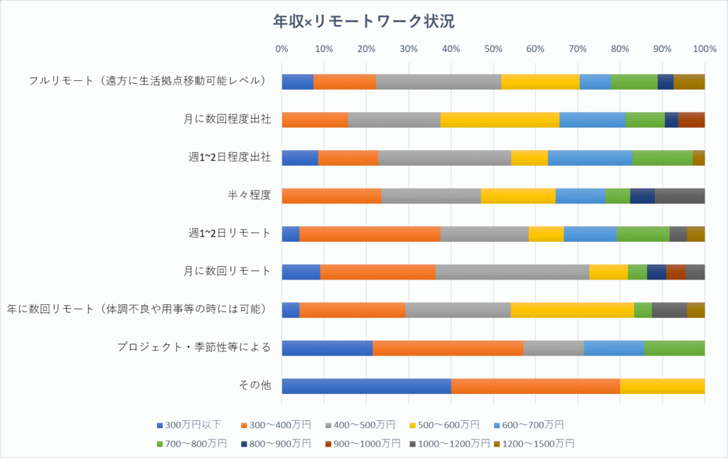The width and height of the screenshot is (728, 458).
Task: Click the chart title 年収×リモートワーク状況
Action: point(363,21)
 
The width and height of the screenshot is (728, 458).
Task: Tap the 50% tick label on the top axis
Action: point(493,49)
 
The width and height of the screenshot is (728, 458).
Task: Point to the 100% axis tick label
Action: point(704,49)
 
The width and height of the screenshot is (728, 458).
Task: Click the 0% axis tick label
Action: point(282,49)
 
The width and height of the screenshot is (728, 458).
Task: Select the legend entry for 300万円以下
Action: point(188,425)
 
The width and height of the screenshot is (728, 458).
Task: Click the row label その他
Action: point(255,385)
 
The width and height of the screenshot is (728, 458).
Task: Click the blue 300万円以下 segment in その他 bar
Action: point(366,385)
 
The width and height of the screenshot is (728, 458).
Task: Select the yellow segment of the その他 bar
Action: point(662,385)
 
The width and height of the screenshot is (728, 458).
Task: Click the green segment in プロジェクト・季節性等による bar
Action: point(674,348)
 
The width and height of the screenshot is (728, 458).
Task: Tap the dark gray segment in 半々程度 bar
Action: point(679,196)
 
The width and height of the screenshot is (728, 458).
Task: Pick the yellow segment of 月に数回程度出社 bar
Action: point(500,119)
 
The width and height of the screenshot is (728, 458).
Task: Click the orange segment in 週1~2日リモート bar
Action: point(370,233)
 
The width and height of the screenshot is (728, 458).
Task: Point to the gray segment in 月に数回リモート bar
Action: point(512,272)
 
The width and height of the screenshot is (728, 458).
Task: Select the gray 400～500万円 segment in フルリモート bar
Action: point(438,81)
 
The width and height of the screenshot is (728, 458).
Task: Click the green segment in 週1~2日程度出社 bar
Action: point(662,157)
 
